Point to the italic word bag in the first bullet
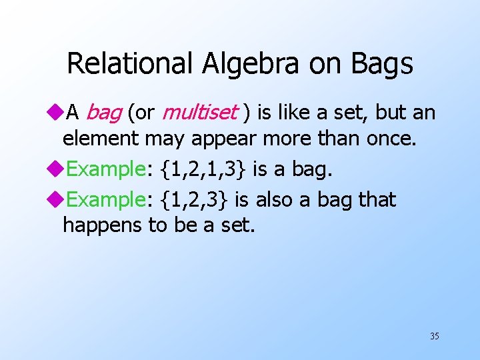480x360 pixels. tap(104, 113)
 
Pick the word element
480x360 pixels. tap(97, 139)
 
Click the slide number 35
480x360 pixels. tap(434, 336)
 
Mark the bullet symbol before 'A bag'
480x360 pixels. tap(57, 113)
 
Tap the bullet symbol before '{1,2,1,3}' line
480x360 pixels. tap(57, 169)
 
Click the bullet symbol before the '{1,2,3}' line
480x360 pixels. tap(57, 199)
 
